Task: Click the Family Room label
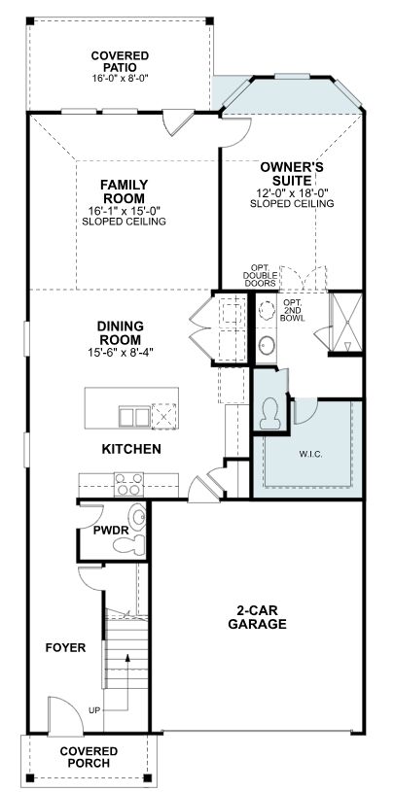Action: click(x=124, y=190)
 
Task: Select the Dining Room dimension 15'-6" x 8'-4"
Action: click(x=121, y=352)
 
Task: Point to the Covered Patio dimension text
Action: click(x=120, y=78)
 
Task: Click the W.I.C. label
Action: click(x=308, y=454)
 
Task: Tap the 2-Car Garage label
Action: click(x=257, y=617)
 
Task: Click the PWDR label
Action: click(x=111, y=532)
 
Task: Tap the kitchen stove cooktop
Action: click(x=128, y=484)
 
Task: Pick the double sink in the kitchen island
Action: click(x=134, y=417)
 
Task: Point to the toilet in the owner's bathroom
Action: click(x=270, y=412)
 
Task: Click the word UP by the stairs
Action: click(x=94, y=710)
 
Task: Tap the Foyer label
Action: click(x=66, y=647)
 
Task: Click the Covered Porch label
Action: click(x=89, y=757)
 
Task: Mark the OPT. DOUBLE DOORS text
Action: click(x=260, y=275)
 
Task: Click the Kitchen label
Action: click(x=131, y=449)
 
